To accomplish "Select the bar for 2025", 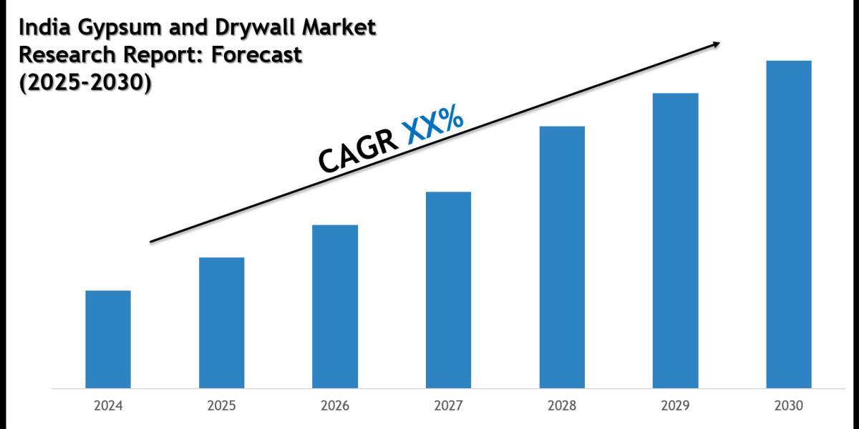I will (x=221, y=322).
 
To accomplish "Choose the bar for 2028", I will (x=562, y=257).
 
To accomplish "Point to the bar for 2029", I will (x=675, y=240).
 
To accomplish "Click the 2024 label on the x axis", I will (x=108, y=406).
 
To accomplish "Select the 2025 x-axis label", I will (x=221, y=406).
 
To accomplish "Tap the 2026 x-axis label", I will (x=335, y=406).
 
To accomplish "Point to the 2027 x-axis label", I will (x=448, y=406).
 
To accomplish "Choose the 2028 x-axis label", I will (x=562, y=406).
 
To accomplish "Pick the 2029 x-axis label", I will (x=675, y=406).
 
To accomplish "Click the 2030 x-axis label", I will (x=789, y=406).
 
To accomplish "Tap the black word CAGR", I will (x=357, y=149).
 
